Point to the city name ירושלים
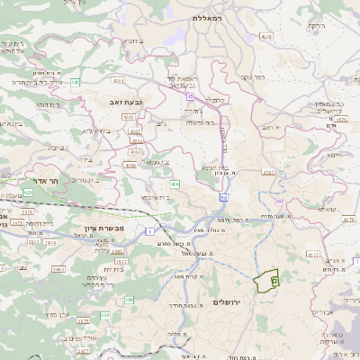[229, 301]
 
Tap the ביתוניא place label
[130, 40]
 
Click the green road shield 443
[76, 82]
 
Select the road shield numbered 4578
[265, 37]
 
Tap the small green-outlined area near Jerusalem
[265, 282]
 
